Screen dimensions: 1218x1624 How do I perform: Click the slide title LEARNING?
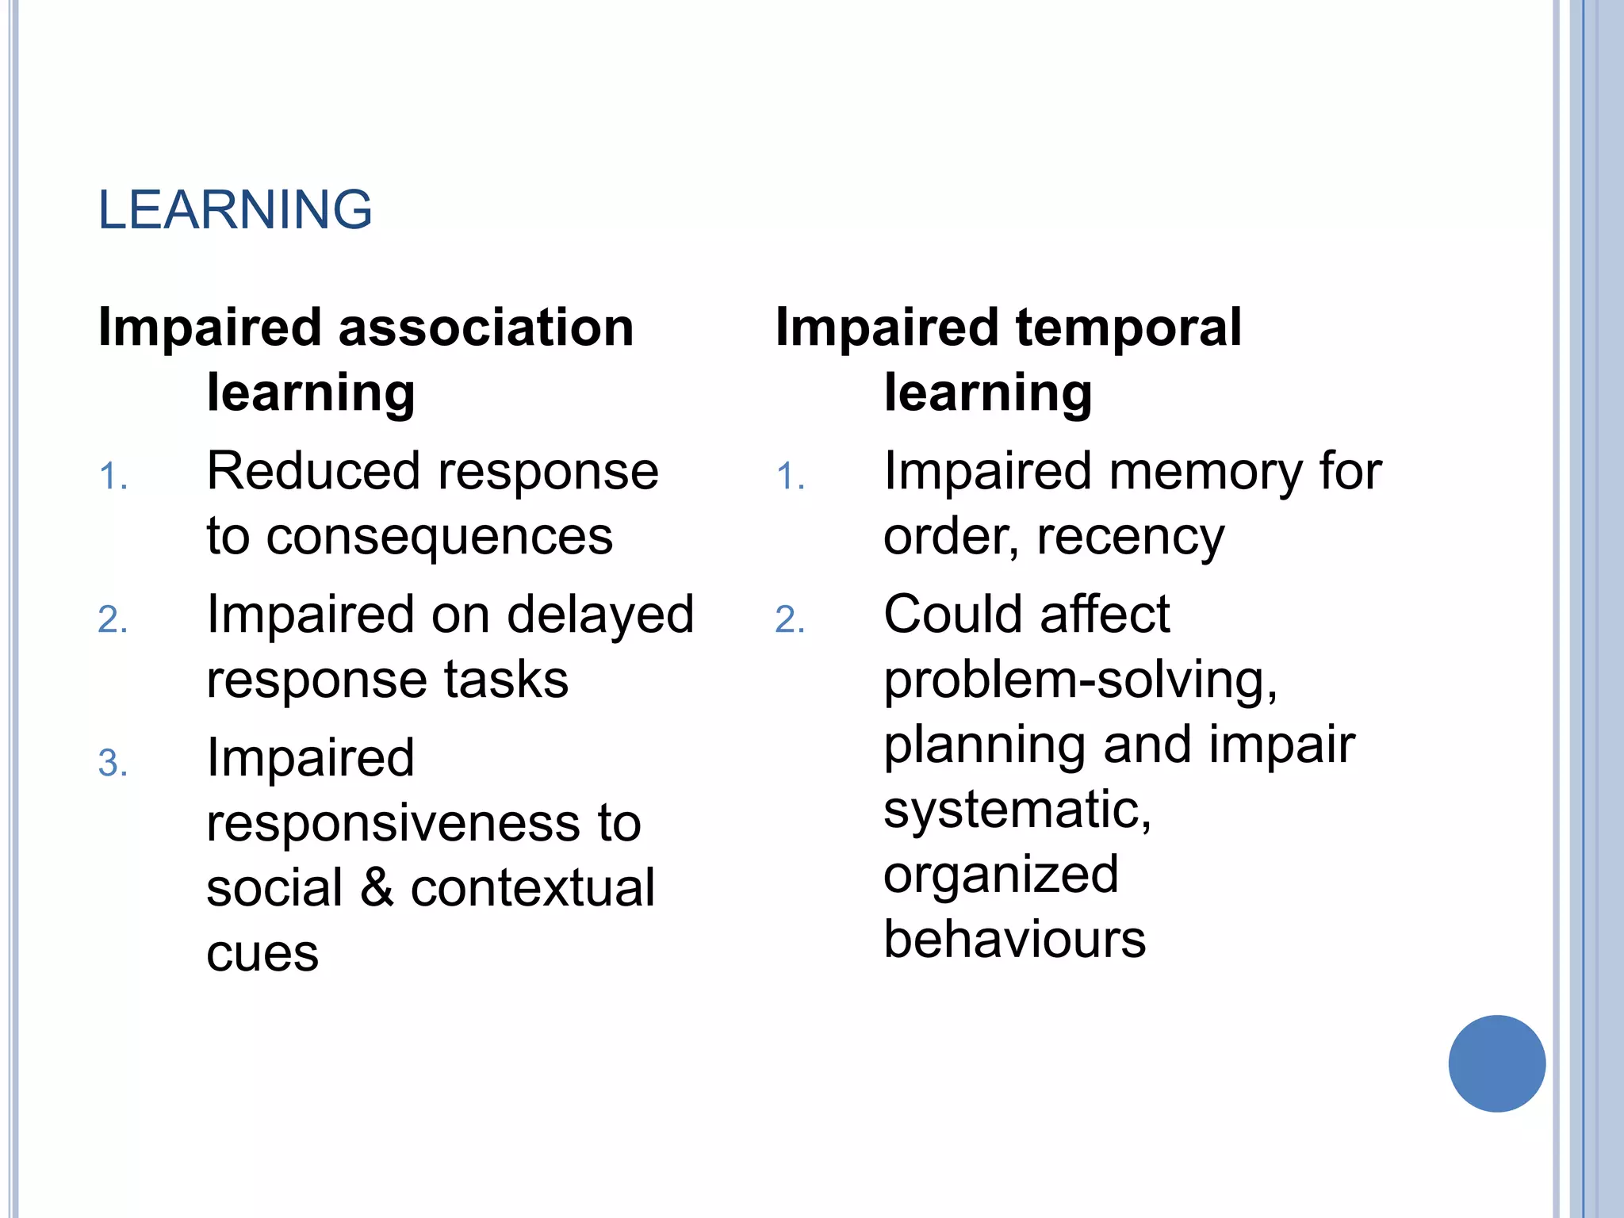(x=235, y=210)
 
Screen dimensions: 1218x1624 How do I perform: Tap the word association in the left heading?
(x=486, y=327)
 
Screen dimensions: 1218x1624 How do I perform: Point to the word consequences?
(x=439, y=537)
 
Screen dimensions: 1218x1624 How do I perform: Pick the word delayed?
(x=600, y=615)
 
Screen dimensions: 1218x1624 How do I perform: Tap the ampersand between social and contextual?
(x=377, y=888)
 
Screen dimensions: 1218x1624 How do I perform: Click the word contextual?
(x=532, y=888)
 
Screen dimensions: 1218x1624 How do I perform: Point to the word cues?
(x=262, y=954)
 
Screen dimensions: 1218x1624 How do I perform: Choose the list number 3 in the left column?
(x=112, y=764)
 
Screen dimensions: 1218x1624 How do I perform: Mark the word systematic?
(x=1017, y=810)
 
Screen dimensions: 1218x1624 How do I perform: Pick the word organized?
(x=1001, y=875)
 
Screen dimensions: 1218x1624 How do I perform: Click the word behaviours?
(x=1014, y=940)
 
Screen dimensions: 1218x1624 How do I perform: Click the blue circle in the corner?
(x=1496, y=1063)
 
